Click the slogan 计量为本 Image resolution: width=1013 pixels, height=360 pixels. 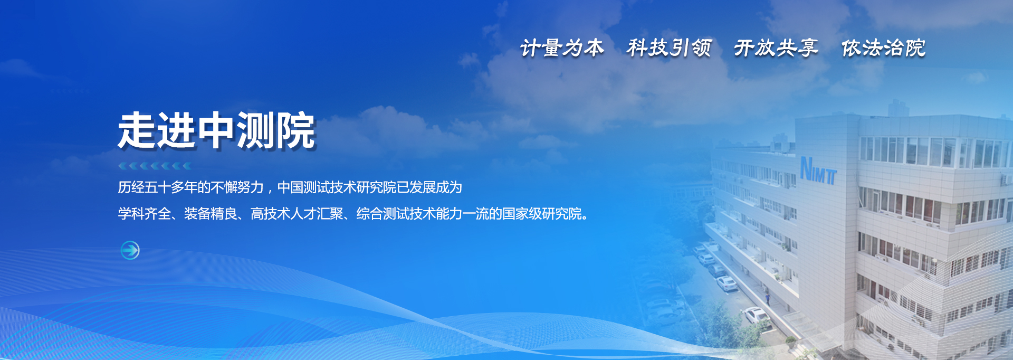point(562,48)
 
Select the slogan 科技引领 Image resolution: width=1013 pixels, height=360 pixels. point(669,48)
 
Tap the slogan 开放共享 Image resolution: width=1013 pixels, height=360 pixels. point(776,48)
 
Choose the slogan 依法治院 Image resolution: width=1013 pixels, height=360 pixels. point(883,48)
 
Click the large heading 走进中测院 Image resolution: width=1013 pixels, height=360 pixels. point(216,131)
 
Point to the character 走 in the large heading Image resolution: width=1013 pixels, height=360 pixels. point(137,131)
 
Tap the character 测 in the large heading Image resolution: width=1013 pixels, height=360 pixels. point(256,131)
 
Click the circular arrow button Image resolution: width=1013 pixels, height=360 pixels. point(130,250)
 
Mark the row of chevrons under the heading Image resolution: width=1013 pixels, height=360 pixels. point(155,166)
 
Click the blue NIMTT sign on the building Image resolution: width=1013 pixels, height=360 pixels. point(818,170)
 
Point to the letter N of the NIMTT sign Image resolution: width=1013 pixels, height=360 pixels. point(806,168)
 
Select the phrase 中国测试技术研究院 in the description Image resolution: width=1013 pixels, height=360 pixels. point(337,187)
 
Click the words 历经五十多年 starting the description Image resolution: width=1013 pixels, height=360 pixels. point(157,187)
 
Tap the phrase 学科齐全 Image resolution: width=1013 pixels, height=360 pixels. point(144,214)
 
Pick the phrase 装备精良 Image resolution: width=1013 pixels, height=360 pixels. point(211,214)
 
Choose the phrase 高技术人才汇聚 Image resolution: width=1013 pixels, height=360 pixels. point(297,214)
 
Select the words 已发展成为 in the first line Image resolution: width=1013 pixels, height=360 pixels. point(429,187)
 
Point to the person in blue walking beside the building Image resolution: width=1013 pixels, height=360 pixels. point(768,298)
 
